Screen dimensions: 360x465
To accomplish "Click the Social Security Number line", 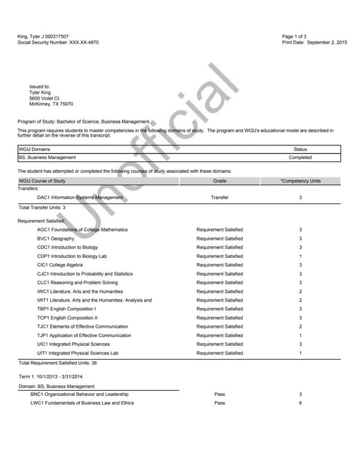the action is (x=58, y=42).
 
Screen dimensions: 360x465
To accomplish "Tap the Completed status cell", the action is (x=300, y=157).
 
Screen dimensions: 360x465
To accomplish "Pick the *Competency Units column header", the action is (x=300, y=180).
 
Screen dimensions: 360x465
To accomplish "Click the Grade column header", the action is (x=220, y=180).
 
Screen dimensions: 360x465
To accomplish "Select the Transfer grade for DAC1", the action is (x=220, y=197).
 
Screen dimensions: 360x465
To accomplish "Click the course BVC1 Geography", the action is (x=55, y=238).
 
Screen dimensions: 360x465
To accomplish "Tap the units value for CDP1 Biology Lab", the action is (x=300, y=256).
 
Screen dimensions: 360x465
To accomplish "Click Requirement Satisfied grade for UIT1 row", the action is (x=220, y=353).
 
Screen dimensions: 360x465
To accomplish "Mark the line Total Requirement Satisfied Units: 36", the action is (x=57, y=363).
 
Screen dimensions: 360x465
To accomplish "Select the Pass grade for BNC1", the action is (x=220, y=394).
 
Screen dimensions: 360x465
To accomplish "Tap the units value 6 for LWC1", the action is (x=300, y=403).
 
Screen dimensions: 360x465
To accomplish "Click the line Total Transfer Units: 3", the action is (x=42, y=208).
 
